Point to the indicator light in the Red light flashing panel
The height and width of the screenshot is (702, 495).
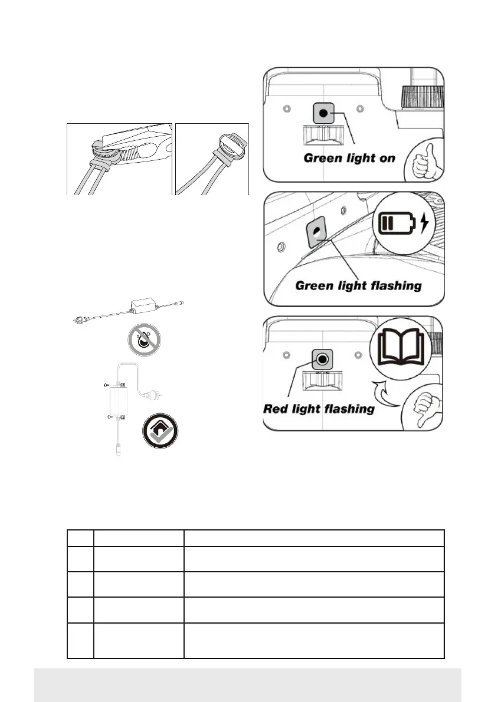coord(323,358)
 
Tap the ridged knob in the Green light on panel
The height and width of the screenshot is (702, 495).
coord(421,98)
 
